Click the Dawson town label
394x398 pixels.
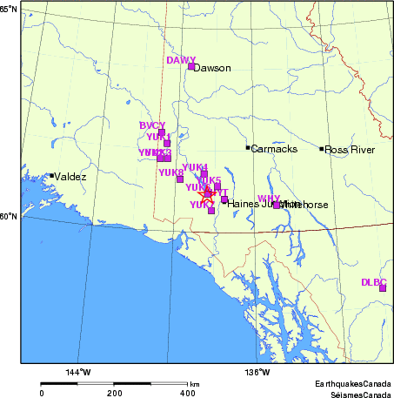pos(210,68)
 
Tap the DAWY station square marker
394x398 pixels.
pos(191,66)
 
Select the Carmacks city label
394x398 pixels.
pos(274,149)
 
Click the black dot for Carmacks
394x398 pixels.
pos(248,147)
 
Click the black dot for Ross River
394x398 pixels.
pos(322,149)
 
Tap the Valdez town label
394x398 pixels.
pos(70,177)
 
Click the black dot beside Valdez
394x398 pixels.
pos(52,176)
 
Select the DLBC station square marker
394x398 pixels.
pos(382,288)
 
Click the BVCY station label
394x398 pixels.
pos(152,125)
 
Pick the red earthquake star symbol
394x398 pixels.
pos(206,195)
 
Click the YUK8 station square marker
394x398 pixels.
pos(180,179)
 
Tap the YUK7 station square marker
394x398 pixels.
pos(211,211)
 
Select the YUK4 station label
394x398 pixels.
pos(196,166)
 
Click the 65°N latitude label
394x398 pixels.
pos(9,8)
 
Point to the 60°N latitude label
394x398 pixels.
pos(9,216)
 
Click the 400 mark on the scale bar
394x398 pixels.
pos(187,394)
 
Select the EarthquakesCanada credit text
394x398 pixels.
pos(354,383)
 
